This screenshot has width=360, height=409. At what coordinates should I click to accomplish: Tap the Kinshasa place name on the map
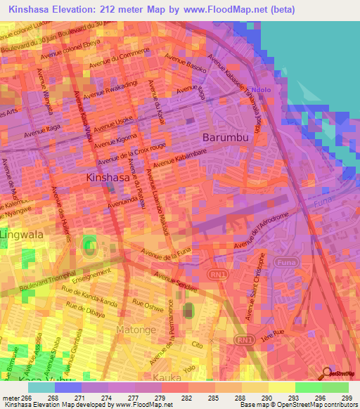click(x=108, y=178)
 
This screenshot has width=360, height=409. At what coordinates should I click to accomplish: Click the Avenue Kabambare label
click(x=177, y=160)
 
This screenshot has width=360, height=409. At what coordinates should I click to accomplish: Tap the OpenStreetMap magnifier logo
click(x=326, y=372)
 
